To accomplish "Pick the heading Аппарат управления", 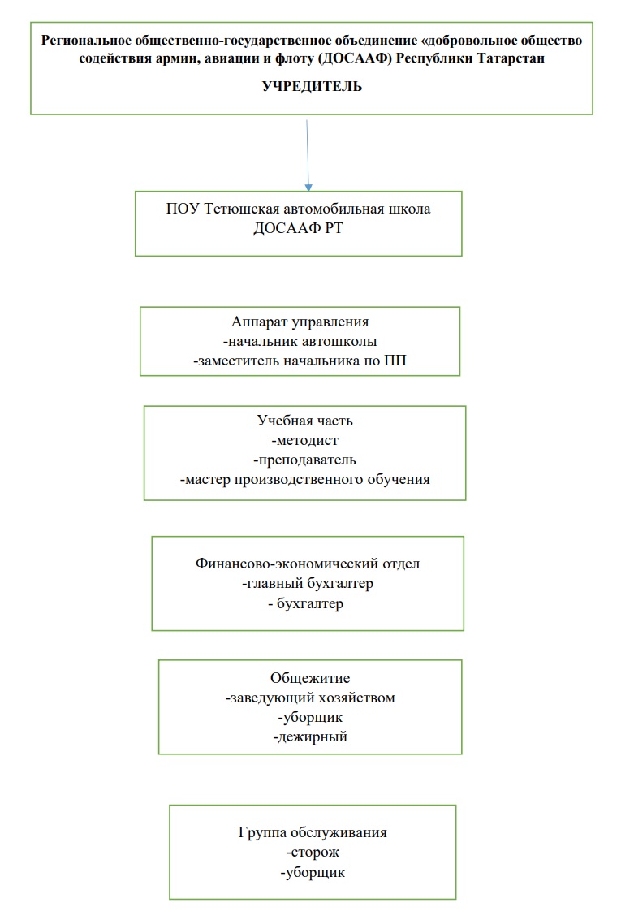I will [300, 322].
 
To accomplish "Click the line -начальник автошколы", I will [300, 341].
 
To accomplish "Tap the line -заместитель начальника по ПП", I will [300, 361].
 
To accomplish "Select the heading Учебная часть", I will [305, 421].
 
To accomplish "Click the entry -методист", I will [305, 441].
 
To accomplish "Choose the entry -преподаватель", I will [305, 460].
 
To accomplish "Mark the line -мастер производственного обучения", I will [305, 479].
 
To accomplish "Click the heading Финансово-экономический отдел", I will [308, 564].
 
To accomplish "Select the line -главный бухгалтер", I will [308, 584].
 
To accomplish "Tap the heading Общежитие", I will [310, 677].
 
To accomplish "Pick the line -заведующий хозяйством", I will [310, 698].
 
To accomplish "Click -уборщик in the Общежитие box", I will [310, 718].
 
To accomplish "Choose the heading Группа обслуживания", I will [313, 833].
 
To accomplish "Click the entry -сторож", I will [313, 853].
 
